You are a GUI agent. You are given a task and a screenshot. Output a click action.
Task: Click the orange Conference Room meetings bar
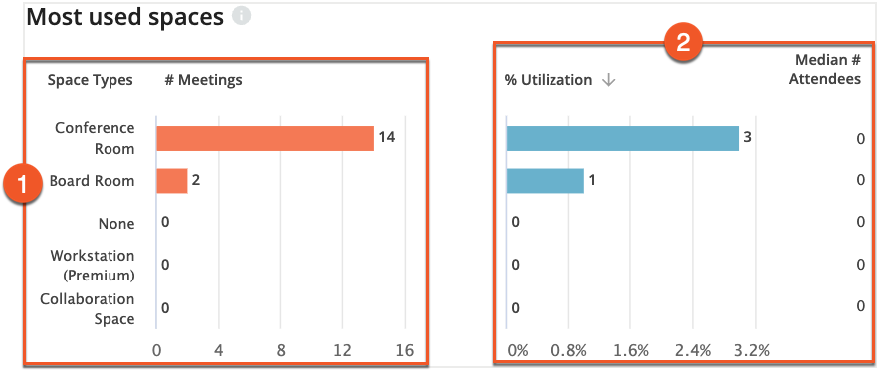[265, 138]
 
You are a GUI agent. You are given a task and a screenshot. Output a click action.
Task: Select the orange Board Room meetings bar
[172, 181]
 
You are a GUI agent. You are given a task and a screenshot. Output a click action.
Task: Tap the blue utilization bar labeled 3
[622, 138]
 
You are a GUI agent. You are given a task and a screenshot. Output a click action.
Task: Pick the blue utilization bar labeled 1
[546, 181]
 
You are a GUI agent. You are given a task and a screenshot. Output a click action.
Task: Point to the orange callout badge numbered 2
[684, 43]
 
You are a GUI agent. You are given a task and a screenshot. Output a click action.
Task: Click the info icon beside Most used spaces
[241, 17]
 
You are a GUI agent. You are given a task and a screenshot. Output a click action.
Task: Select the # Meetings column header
[203, 80]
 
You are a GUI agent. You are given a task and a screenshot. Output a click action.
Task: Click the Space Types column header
[90, 80]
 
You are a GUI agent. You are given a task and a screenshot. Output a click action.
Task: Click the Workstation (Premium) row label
[93, 265]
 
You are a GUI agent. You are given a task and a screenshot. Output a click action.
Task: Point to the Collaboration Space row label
[88, 308]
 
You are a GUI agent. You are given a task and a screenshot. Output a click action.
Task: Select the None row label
[116, 224]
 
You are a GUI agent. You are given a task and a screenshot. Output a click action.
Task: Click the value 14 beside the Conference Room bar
[387, 137]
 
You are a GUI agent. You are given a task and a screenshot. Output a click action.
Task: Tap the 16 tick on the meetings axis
[404, 350]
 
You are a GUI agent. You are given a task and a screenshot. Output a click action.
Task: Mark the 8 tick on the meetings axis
[281, 350]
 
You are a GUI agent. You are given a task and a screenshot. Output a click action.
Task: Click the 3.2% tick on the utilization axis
[752, 350]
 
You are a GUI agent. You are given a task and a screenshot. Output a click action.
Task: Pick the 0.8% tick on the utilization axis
[568, 350]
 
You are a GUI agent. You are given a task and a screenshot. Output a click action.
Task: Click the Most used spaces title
[124, 17]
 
